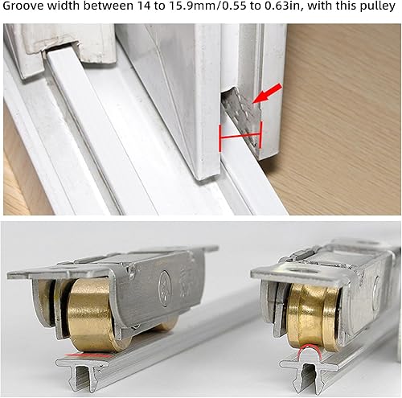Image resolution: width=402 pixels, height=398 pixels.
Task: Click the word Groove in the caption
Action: click(x=23, y=6)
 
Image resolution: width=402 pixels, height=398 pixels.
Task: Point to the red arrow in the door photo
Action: click(x=268, y=93)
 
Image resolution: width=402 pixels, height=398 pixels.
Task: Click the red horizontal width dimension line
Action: click(x=240, y=136)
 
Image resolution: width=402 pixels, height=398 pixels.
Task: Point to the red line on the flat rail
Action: click(x=88, y=355)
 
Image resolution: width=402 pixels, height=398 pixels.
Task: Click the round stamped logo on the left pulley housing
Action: click(x=164, y=283)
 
